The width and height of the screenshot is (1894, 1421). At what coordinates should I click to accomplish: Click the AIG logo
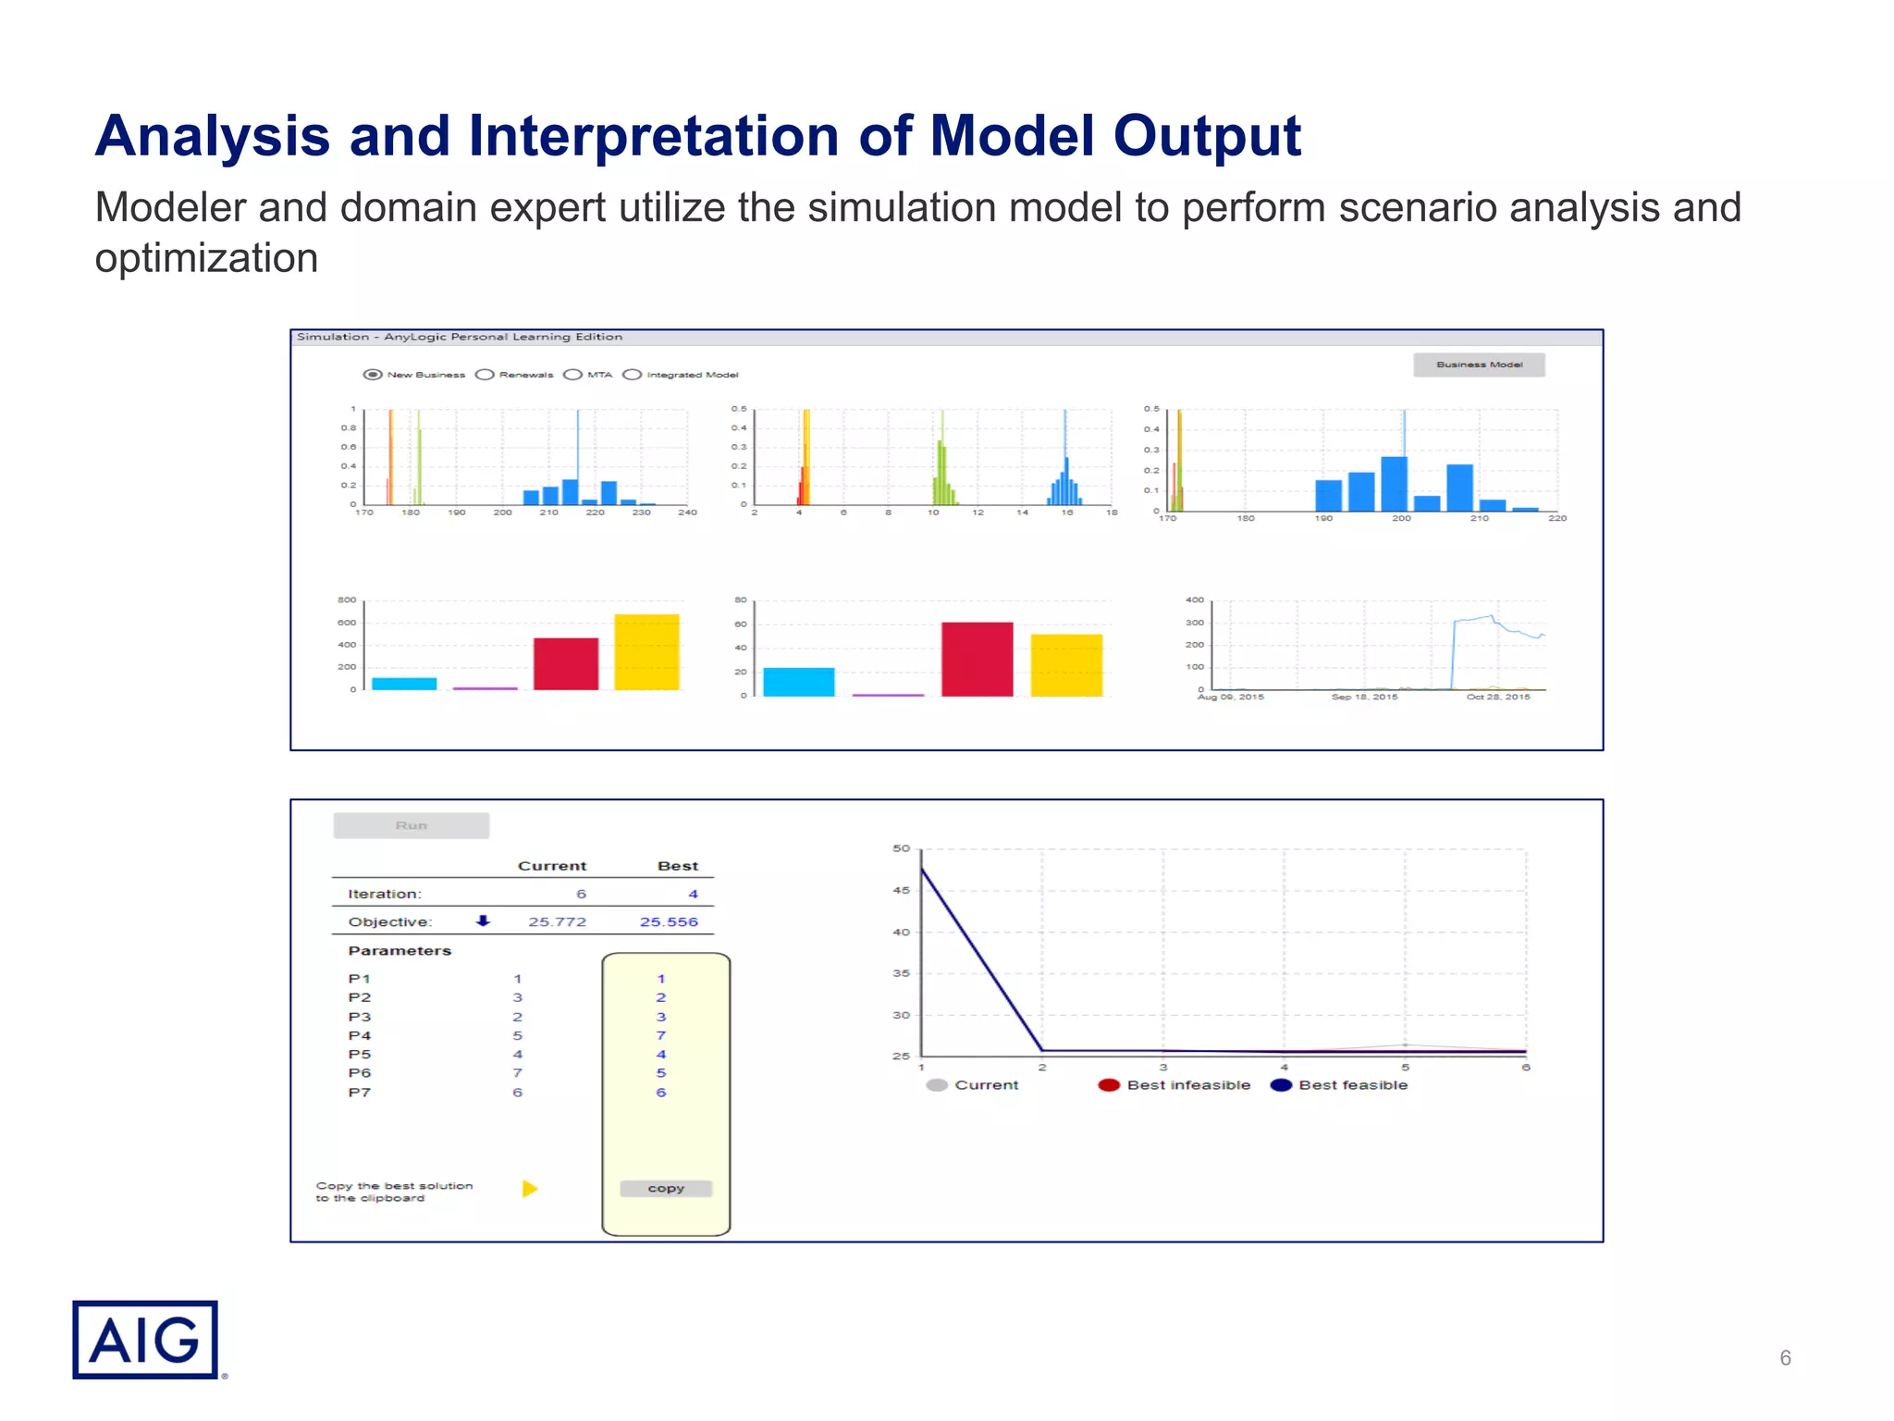[x=144, y=1340]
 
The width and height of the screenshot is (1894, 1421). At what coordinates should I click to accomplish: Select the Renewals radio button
[x=486, y=375]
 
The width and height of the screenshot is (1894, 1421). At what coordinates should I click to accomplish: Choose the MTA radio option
[x=573, y=375]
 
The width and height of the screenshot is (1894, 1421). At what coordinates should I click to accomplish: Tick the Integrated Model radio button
[x=633, y=375]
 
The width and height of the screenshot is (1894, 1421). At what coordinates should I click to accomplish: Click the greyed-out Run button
[x=412, y=825]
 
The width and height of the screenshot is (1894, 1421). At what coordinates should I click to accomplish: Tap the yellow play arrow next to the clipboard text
[x=530, y=1189]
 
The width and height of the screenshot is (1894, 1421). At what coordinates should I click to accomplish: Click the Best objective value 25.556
[x=669, y=921]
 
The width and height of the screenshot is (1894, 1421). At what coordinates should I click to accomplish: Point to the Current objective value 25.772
[x=557, y=921]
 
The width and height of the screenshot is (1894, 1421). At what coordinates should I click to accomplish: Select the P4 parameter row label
[x=360, y=1035]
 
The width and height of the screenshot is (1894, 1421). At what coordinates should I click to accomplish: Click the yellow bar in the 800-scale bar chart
[x=646, y=651]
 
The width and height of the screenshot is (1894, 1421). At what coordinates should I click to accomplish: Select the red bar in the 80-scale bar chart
[x=977, y=659]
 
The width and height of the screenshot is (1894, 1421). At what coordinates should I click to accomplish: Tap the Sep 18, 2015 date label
[x=1364, y=697]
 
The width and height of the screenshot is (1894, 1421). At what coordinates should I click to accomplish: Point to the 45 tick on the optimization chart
[x=901, y=890]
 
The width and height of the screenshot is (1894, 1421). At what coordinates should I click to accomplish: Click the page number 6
[x=1785, y=1358]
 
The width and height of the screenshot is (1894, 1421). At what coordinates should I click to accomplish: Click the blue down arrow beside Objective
[x=483, y=921]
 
